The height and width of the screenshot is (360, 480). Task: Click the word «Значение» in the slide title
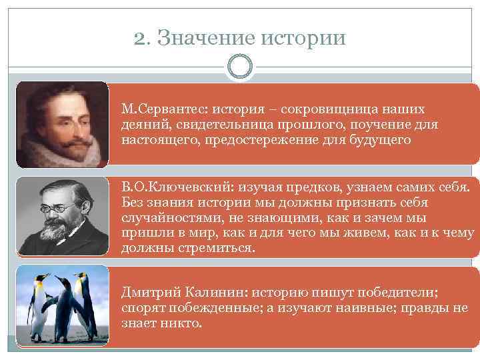point(203,38)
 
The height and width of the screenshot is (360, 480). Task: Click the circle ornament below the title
point(240,66)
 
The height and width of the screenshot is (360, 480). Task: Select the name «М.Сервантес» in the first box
point(157,109)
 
